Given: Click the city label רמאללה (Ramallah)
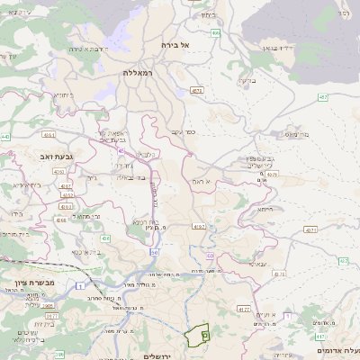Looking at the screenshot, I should click(x=139, y=72).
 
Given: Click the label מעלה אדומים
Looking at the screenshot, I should click(x=338, y=349).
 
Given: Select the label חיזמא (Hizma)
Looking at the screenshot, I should click(x=265, y=209).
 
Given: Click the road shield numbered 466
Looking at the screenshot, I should click(x=215, y=33).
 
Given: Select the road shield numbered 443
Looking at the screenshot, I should click(x=6, y=137).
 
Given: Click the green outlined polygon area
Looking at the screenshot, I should click(x=198, y=335).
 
